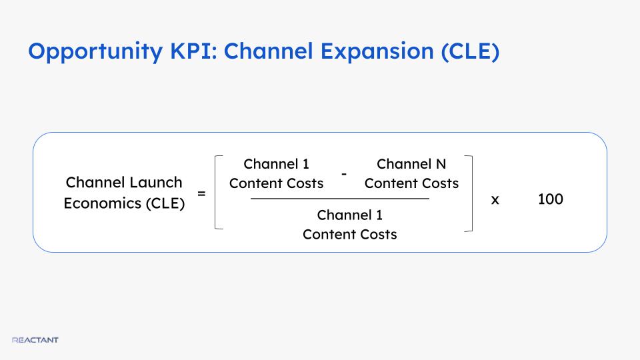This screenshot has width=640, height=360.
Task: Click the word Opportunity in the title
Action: tap(95, 52)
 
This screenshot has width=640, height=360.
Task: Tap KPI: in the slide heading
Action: tap(193, 51)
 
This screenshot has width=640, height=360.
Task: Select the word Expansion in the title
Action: tap(377, 52)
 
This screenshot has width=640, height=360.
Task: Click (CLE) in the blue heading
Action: tap(470, 52)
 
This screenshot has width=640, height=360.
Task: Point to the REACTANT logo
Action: tap(35, 340)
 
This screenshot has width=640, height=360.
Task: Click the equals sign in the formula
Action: tap(201, 193)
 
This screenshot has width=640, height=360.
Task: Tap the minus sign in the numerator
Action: tap(344, 174)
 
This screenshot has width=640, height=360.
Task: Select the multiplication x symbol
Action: tap(495, 200)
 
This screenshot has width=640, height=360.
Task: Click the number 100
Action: tap(550, 199)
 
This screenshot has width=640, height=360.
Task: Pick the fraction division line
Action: tap(340, 199)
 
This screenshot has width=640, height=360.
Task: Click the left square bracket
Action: tap(216, 192)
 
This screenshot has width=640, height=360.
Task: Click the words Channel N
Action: tap(411, 164)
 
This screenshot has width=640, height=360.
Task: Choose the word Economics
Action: tap(103, 203)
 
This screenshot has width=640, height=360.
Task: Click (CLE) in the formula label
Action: tap(165, 203)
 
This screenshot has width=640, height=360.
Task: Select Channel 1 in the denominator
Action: tap(350, 215)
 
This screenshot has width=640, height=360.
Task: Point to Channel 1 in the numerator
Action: tap(276, 164)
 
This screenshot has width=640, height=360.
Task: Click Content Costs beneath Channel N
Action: tap(411, 184)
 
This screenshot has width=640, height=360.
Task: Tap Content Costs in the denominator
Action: tap(350, 235)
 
